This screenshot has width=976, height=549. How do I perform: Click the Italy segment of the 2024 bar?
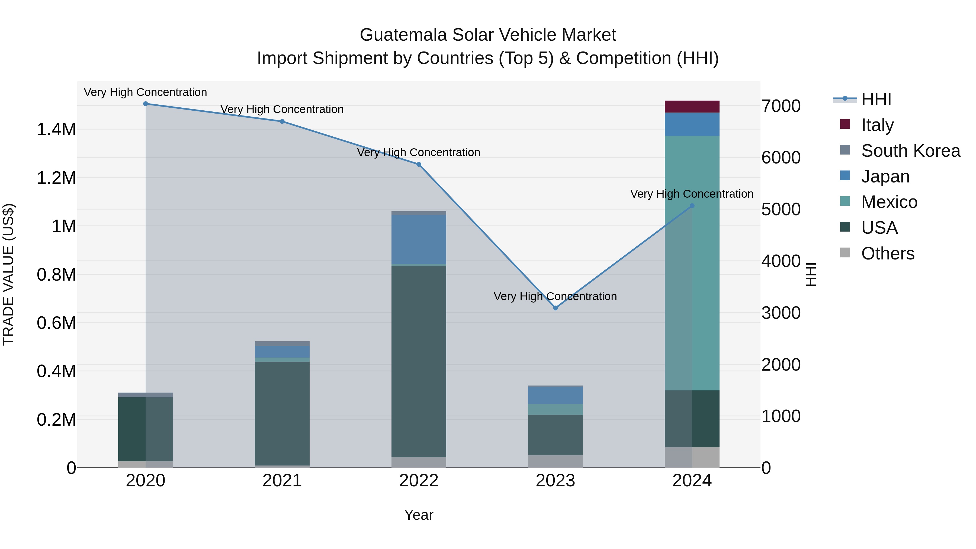(x=692, y=107)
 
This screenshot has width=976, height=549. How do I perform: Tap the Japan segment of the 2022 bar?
(x=419, y=239)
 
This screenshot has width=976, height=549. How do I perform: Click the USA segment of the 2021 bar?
(x=282, y=413)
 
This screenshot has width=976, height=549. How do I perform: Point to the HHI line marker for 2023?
(x=556, y=308)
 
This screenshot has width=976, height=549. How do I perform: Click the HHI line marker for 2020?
(x=146, y=104)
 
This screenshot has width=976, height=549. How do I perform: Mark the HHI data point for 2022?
(x=419, y=165)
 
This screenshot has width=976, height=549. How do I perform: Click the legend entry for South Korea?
(x=910, y=151)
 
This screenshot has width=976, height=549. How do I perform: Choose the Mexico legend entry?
(x=889, y=202)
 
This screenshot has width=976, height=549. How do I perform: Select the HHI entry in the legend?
(x=876, y=99)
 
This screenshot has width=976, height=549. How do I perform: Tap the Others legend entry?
(x=887, y=253)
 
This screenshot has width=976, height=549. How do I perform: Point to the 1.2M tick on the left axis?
(x=56, y=178)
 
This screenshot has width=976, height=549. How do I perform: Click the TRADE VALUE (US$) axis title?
(x=8, y=274)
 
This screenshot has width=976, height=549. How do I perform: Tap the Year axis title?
(x=419, y=515)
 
